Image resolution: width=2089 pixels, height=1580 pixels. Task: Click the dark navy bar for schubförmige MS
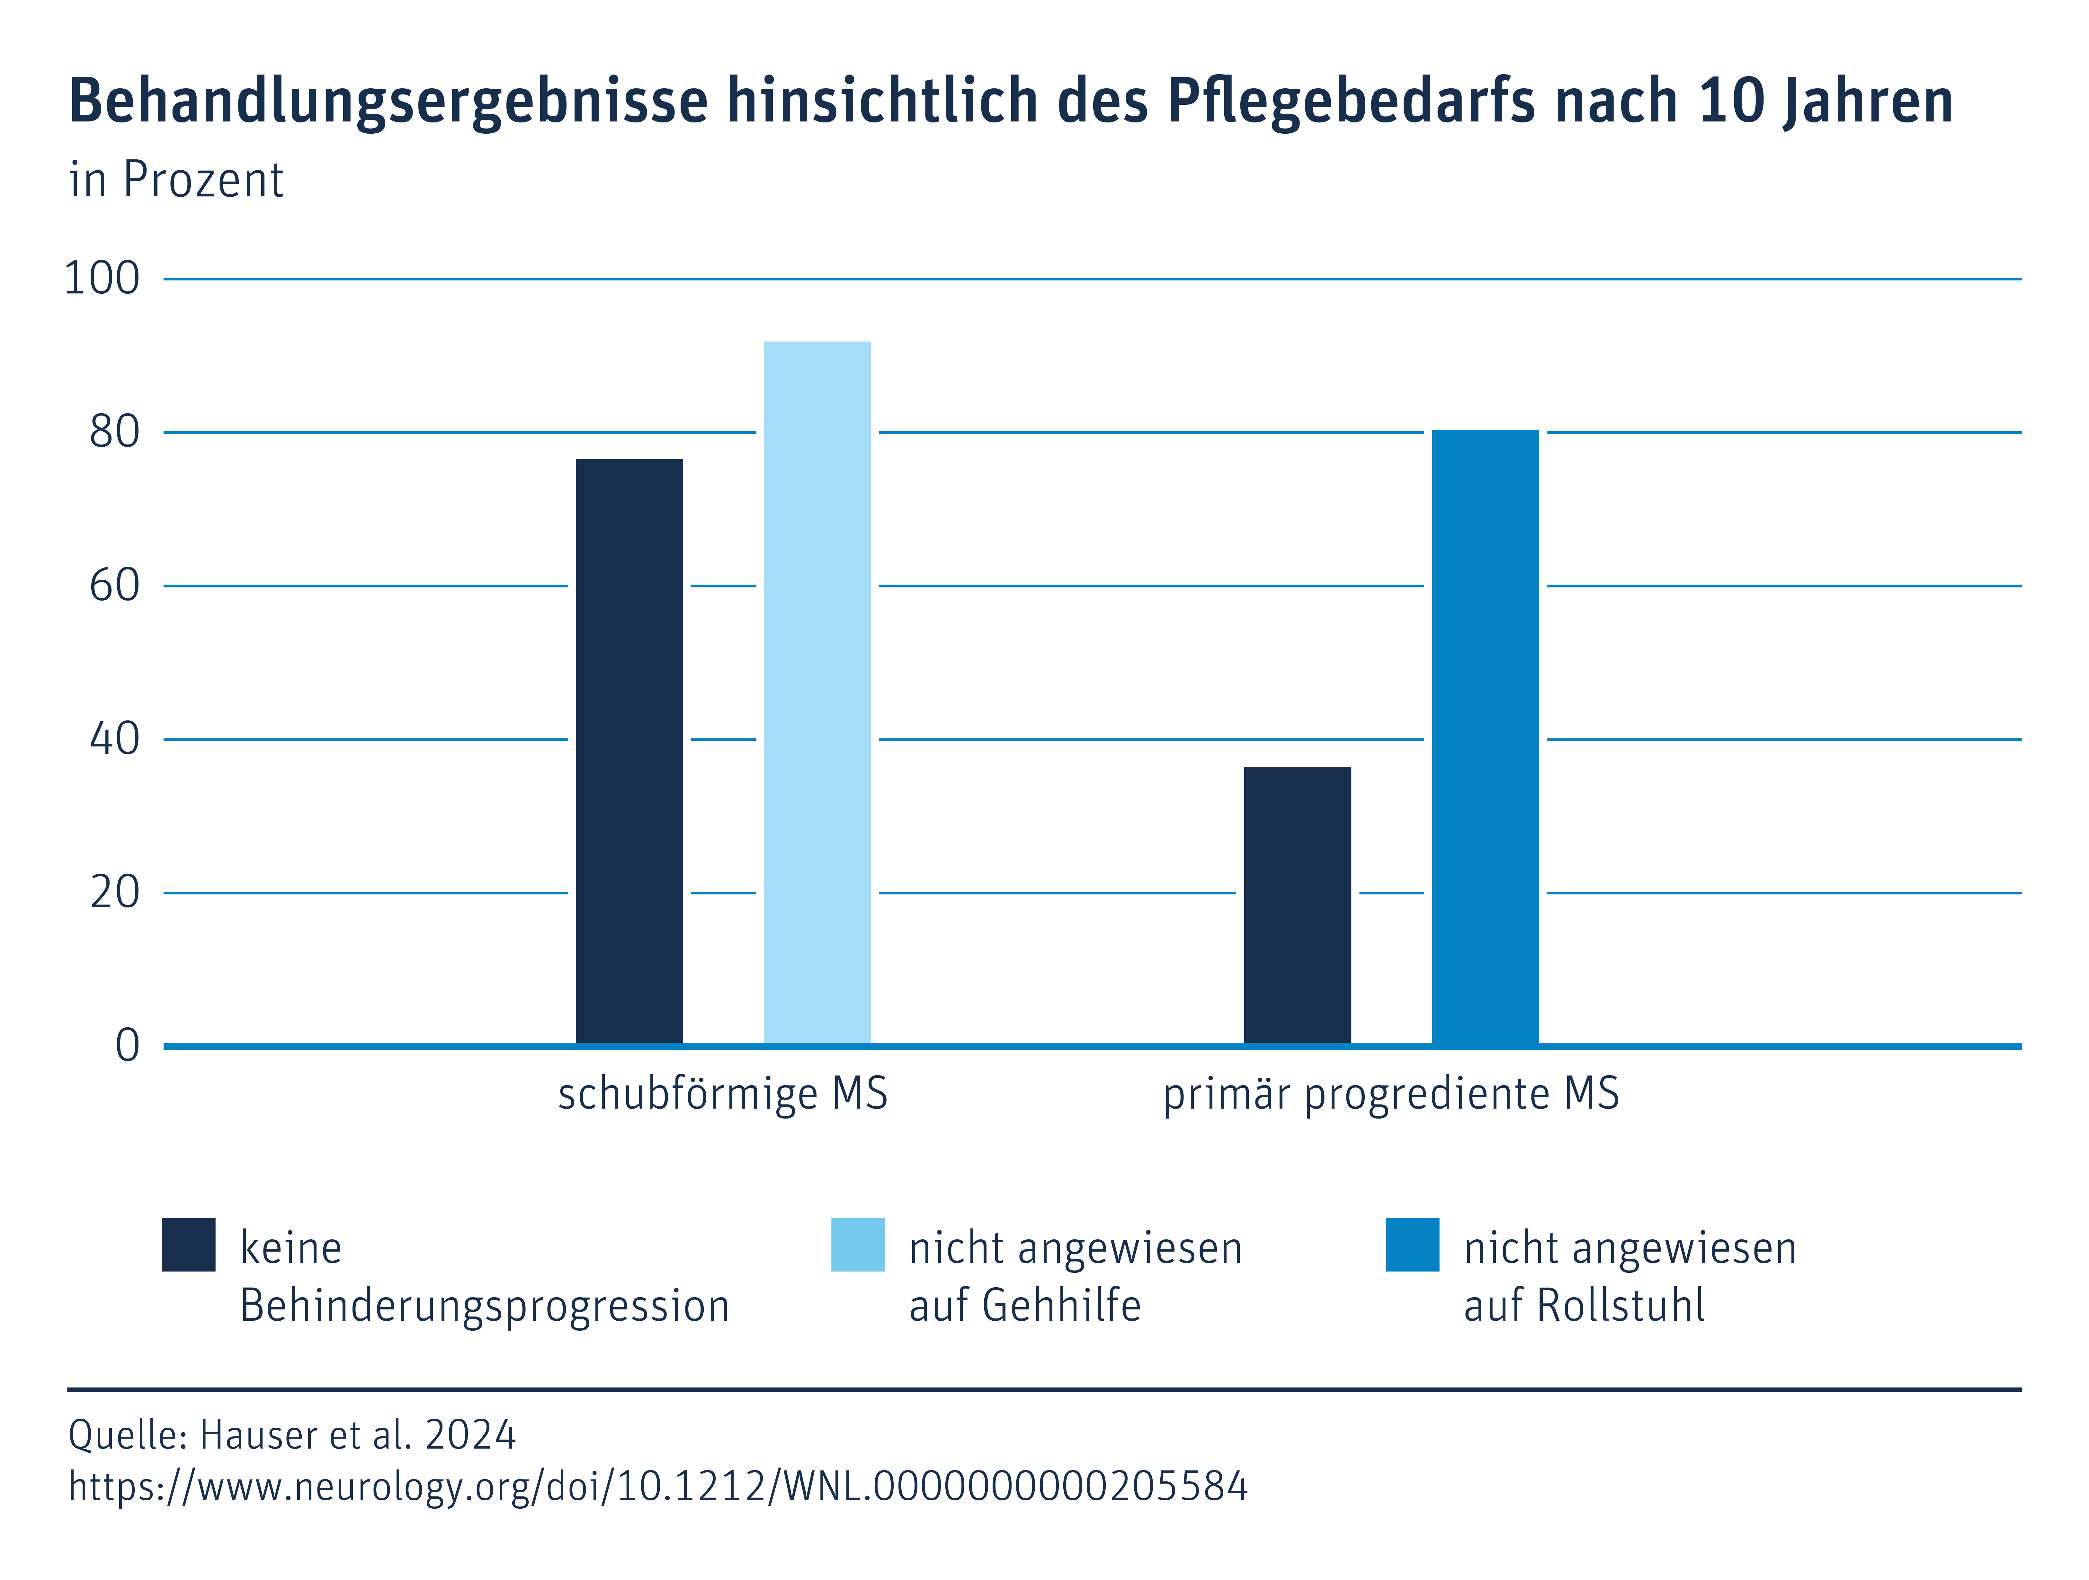tap(629, 751)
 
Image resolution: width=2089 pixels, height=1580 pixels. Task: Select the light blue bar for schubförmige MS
tap(817, 692)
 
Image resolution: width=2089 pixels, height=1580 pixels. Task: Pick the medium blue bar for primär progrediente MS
tap(1485, 736)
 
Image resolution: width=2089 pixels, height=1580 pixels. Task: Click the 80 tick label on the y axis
tap(114, 433)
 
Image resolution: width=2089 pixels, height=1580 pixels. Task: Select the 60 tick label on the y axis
tap(114, 585)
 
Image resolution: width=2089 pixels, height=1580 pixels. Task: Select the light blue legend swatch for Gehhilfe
tap(858, 1245)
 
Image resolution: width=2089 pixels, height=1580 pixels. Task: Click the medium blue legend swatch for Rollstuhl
tap(1412, 1245)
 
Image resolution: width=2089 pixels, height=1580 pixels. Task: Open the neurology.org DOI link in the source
tap(658, 1486)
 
